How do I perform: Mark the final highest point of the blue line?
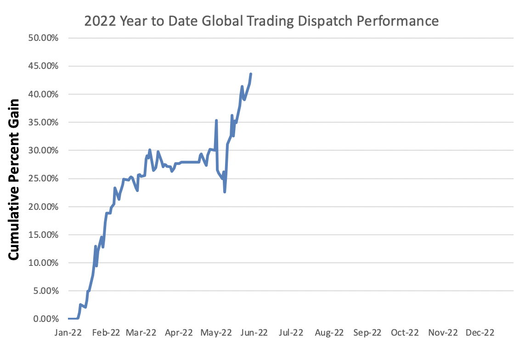click(250, 74)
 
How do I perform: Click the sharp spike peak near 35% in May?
click(216, 120)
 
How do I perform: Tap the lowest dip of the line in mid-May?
click(225, 191)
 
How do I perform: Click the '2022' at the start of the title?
click(97, 21)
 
